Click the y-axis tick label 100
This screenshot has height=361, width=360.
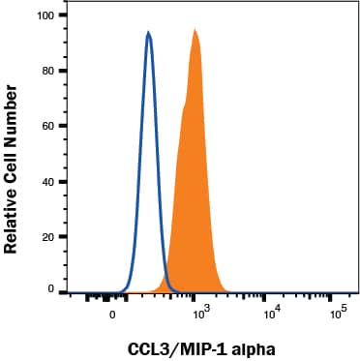pyautogui.click(x=42, y=16)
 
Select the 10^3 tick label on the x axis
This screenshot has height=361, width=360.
pyautogui.click(x=200, y=314)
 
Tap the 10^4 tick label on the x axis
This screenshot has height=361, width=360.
pyautogui.click(x=272, y=314)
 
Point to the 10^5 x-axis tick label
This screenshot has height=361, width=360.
pyautogui.click(x=338, y=314)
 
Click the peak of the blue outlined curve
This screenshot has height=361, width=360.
pyautogui.click(x=148, y=33)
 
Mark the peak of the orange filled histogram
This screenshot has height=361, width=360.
pyautogui.click(x=195, y=30)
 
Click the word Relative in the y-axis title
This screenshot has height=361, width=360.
pyautogui.click(x=13, y=218)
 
